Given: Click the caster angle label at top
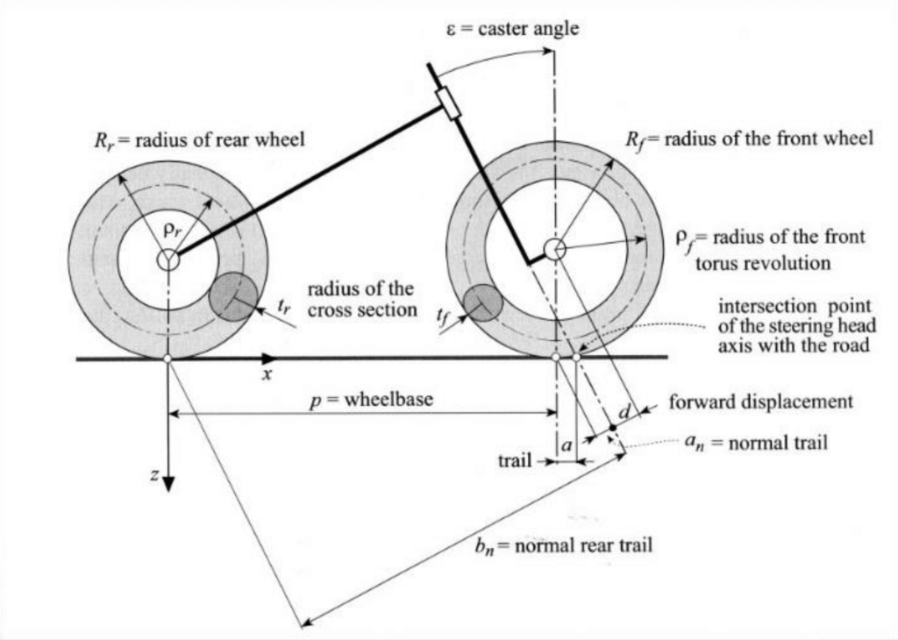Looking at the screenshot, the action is pyautogui.click(x=512, y=29).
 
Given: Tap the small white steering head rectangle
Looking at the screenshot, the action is pyautogui.click(x=448, y=104).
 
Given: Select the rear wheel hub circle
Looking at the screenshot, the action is pyautogui.click(x=167, y=260).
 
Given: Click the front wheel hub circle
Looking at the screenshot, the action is pyautogui.click(x=554, y=249).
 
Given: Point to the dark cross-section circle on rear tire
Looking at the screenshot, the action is pyautogui.click(x=232, y=297).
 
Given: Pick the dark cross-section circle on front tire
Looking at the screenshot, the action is pyautogui.click(x=483, y=302).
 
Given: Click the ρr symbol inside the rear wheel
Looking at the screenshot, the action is pyautogui.click(x=172, y=230).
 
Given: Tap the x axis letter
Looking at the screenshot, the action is pyautogui.click(x=267, y=374).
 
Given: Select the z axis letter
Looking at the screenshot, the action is pyautogui.click(x=154, y=474).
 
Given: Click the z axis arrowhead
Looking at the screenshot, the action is pyautogui.click(x=167, y=484).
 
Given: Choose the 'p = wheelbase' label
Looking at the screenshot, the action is pyautogui.click(x=371, y=400).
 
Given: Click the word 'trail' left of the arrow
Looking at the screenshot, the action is pyautogui.click(x=514, y=460).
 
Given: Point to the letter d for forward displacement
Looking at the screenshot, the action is pyautogui.click(x=625, y=411).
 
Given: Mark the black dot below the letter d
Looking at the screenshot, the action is pyautogui.click(x=612, y=428).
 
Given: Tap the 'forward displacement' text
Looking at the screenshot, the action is pyautogui.click(x=760, y=402).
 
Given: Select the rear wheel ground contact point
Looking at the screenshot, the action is pyautogui.click(x=167, y=359).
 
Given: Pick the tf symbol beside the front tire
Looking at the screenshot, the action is pyautogui.click(x=442, y=316).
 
